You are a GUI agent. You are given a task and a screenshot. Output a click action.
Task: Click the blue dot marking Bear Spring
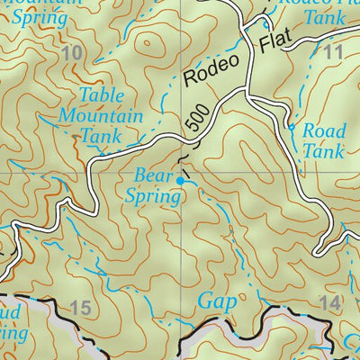[x=182, y=181]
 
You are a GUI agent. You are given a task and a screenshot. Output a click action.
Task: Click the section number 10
[x=74, y=56]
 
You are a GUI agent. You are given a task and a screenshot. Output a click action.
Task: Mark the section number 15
[x=79, y=310]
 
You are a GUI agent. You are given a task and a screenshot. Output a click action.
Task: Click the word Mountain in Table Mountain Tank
[x=100, y=116]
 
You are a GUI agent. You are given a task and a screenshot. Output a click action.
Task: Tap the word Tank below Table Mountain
[x=101, y=136]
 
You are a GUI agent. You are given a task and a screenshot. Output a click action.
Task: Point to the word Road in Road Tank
[x=323, y=131]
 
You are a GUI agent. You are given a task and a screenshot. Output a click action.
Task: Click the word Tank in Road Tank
[x=322, y=151]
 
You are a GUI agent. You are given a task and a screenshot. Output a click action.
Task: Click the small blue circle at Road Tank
[x=292, y=131]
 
